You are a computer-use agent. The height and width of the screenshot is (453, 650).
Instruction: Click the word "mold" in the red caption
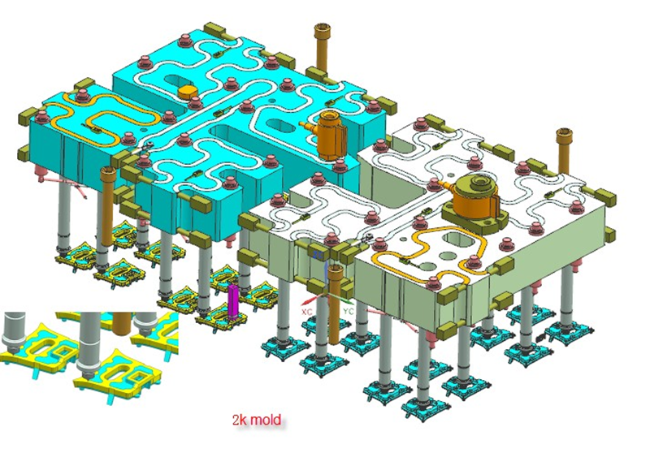[266, 420]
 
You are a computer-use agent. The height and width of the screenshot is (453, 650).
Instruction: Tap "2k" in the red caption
[240, 420]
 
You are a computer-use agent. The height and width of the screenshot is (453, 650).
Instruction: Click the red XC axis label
[307, 312]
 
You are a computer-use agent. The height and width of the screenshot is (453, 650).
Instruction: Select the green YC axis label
[349, 311]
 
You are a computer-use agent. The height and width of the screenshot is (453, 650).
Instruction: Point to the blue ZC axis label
[318, 255]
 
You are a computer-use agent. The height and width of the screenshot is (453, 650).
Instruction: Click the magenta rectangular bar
[233, 302]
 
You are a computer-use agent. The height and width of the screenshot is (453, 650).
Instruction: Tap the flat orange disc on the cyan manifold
[188, 92]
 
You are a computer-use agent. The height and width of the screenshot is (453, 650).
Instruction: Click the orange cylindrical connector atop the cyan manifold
[330, 134]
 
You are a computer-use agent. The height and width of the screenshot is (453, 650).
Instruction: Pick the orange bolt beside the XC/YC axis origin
[335, 304]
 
